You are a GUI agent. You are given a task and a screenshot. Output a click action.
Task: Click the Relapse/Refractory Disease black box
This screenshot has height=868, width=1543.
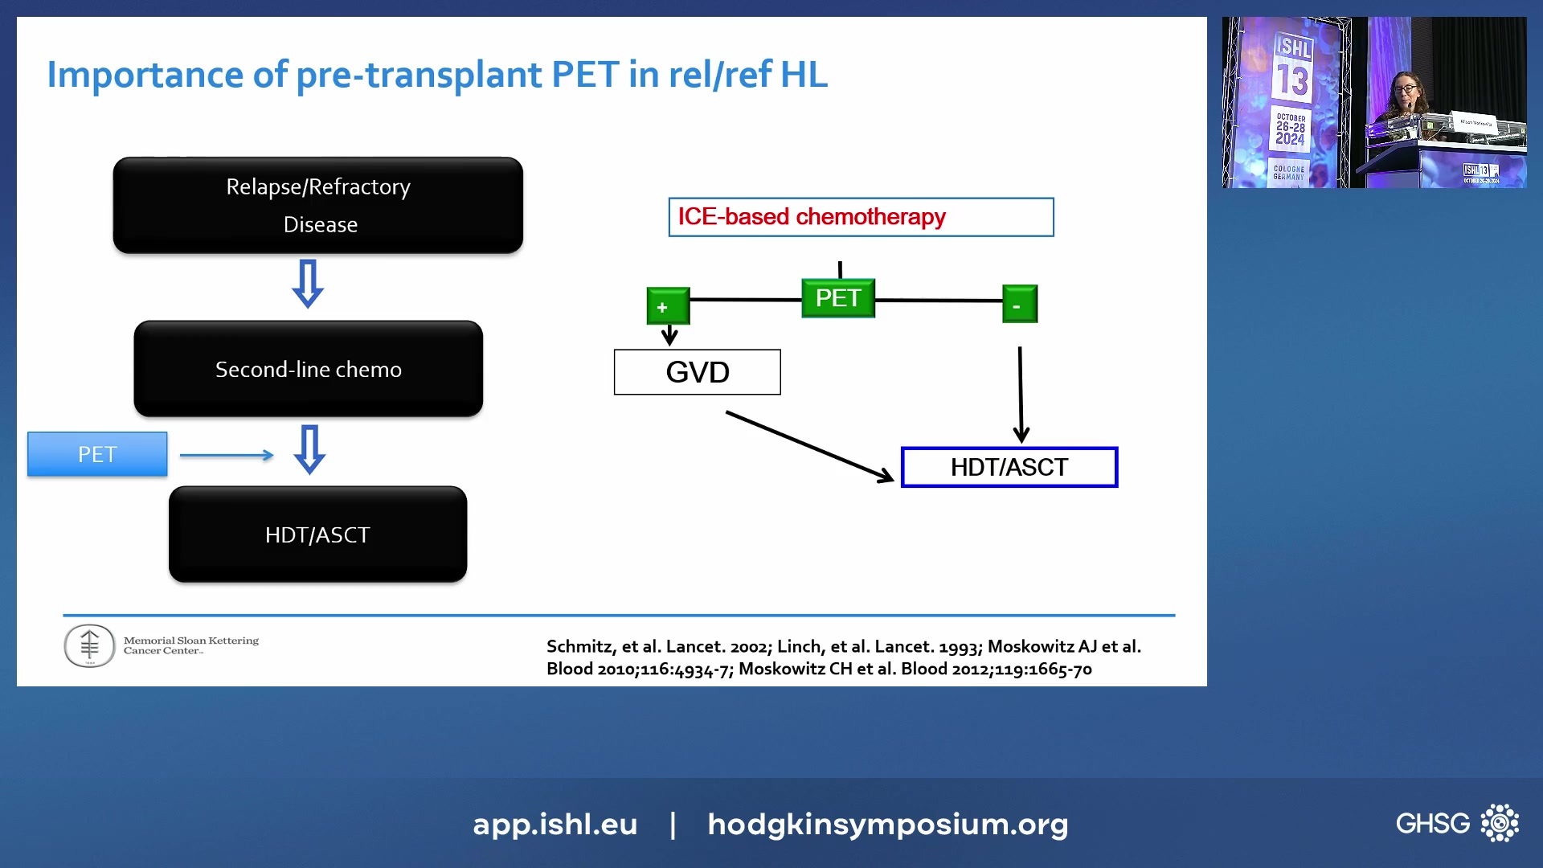317,206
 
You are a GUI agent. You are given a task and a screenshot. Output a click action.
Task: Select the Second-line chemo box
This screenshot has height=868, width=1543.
308,369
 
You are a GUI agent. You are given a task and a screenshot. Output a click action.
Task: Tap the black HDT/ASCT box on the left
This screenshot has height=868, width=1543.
317,534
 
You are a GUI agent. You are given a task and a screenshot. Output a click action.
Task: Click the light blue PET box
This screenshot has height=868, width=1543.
97,454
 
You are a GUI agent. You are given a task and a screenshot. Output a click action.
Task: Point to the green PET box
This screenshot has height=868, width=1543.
837,298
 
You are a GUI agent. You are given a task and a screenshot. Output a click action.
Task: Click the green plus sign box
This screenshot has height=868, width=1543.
668,306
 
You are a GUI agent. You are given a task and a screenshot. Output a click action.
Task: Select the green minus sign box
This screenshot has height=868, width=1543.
1019,305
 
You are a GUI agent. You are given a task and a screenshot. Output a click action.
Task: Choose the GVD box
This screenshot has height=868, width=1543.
697,372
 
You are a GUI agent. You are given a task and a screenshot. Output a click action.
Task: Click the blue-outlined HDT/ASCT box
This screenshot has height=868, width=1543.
1009,467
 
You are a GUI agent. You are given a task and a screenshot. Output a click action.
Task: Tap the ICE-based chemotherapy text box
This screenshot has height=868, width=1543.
860,217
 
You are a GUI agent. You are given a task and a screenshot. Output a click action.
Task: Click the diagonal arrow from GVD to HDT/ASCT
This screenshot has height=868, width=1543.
808,446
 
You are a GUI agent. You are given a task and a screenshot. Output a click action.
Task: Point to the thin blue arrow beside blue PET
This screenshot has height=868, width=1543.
227,456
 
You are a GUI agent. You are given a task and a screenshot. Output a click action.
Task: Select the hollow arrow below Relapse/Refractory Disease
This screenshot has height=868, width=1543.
308,283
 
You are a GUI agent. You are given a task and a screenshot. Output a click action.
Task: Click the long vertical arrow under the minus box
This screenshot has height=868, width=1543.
1021,394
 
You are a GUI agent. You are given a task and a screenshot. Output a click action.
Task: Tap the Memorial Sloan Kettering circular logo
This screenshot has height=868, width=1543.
89,645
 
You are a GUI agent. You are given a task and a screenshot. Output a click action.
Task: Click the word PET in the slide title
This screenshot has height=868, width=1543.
585,75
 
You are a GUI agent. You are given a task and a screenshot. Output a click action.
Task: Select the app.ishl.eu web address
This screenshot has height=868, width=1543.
555,824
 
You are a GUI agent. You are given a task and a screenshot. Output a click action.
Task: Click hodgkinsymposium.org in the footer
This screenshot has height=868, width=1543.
887,824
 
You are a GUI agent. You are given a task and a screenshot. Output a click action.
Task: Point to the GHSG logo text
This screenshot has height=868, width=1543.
1432,823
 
